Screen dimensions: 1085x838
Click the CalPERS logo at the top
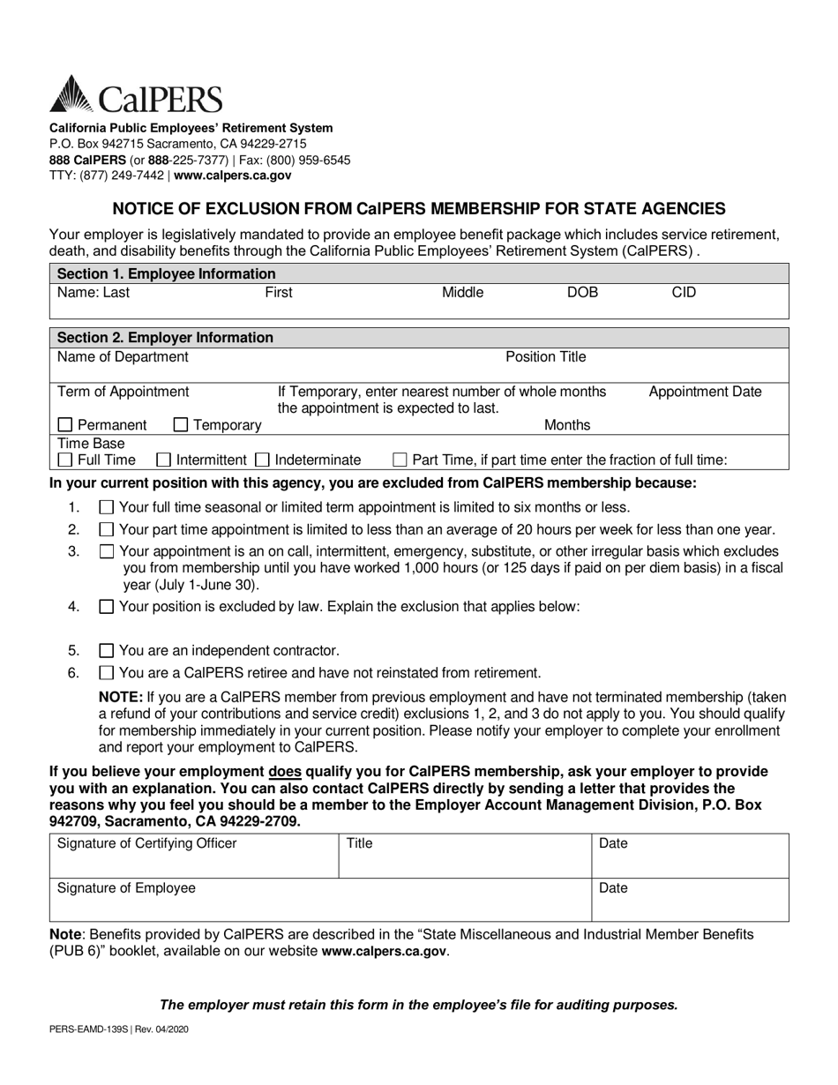tap(136, 94)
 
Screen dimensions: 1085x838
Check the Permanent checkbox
tap(65, 425)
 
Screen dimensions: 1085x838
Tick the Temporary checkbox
tap(181, 425)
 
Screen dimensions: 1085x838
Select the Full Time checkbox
tap(65, 460)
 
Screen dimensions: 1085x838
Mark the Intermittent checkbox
tap(163, 460)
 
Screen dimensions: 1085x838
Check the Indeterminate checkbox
tap(262, 460)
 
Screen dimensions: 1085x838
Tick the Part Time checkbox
tap(400, 460)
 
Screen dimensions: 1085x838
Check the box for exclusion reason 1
tap(107, 507)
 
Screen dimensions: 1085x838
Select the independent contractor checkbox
tap(107, 651)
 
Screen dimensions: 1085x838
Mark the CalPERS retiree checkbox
tap(107, 673)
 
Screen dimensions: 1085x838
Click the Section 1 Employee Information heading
tap(166, 273)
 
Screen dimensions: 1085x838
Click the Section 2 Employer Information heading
tap(165, 337)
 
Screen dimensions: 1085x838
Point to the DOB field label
tap(582, 292)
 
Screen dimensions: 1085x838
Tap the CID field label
tap(684, 292)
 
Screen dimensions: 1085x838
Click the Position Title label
tap(545, 357)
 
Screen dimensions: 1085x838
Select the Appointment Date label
tap(705, 392)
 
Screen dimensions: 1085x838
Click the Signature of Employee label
tap(126, 888)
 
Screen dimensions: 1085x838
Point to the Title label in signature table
tap(360, 844)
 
